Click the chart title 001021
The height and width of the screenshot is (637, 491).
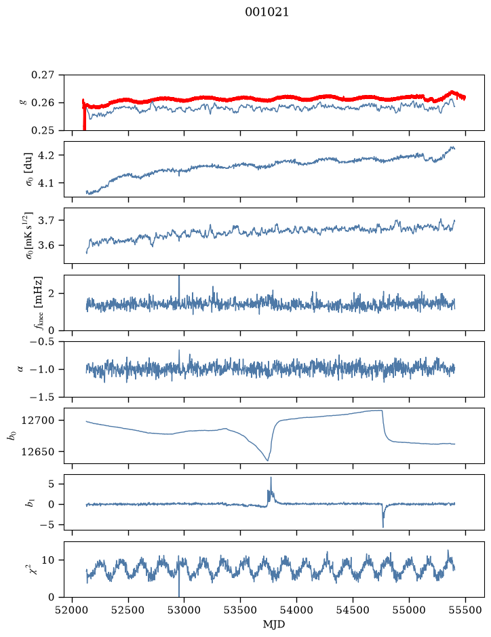click(x=267, y=12)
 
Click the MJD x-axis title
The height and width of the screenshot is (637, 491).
click(x=274, y=624)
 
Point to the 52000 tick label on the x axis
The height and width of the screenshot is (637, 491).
click(x=73, y=610)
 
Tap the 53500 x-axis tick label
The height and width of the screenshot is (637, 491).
click(x=241, y=610)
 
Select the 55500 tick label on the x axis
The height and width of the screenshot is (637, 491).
click(x=465, y=610)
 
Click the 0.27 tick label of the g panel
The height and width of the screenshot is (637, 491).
click(x=42, y=75)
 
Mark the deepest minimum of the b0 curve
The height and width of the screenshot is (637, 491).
click(x=267, y=460)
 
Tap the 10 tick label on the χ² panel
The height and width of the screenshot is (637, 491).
click(x=48, y=560)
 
